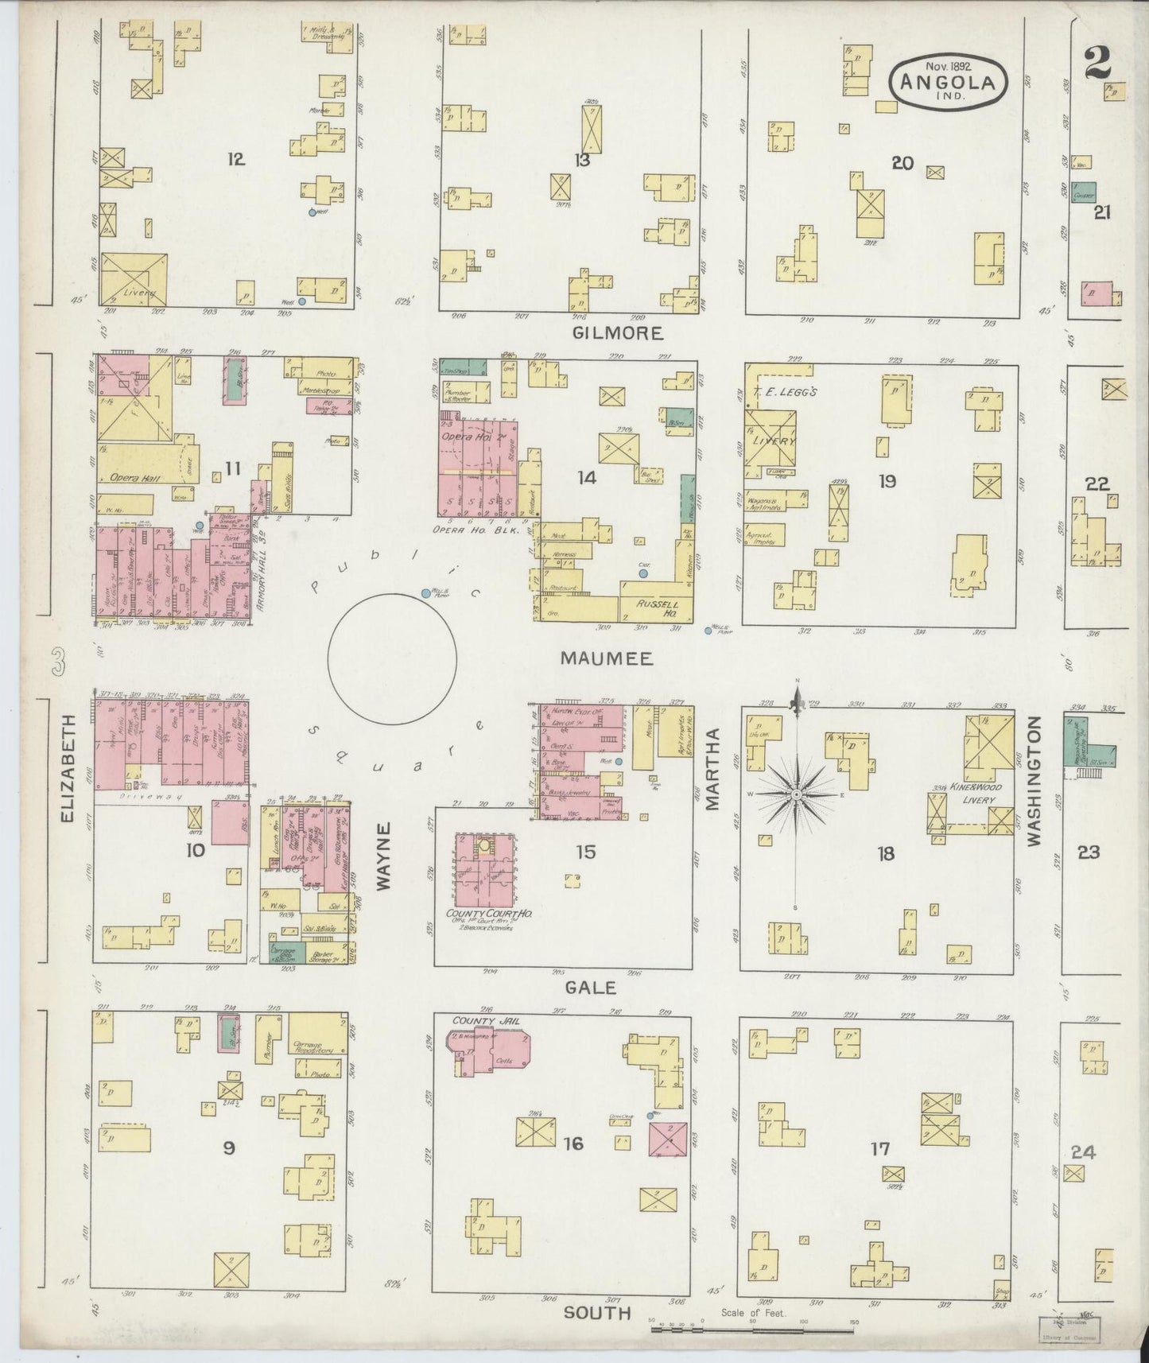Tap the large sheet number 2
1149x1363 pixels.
1097,62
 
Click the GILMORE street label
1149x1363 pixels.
618,332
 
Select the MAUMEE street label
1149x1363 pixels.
606,658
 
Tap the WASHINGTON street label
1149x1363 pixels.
1034,781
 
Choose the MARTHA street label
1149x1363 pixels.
712,769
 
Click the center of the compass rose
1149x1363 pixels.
796,794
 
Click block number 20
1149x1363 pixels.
902,163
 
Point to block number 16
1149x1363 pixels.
573,1144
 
